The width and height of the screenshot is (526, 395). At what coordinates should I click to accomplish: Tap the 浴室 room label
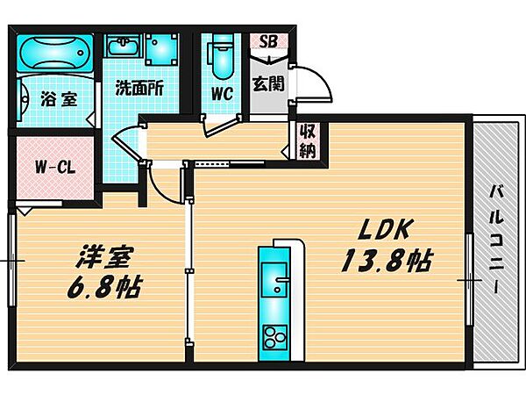(x=58, y=100)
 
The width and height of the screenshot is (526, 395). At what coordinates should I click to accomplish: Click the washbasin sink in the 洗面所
(x=123, y=49)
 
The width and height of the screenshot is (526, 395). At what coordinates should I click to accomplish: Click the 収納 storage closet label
(x=307, y=140)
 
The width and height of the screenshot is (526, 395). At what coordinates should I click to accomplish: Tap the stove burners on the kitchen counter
(x=278, y=335)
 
